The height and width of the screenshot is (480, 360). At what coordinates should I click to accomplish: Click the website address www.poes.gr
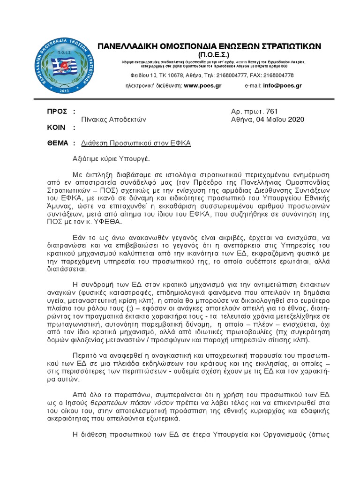tap(202, 86)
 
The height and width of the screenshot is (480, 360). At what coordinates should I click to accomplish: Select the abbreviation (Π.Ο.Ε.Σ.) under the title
tap(209, 55)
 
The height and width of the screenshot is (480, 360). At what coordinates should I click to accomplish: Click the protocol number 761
tap(272, 111)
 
